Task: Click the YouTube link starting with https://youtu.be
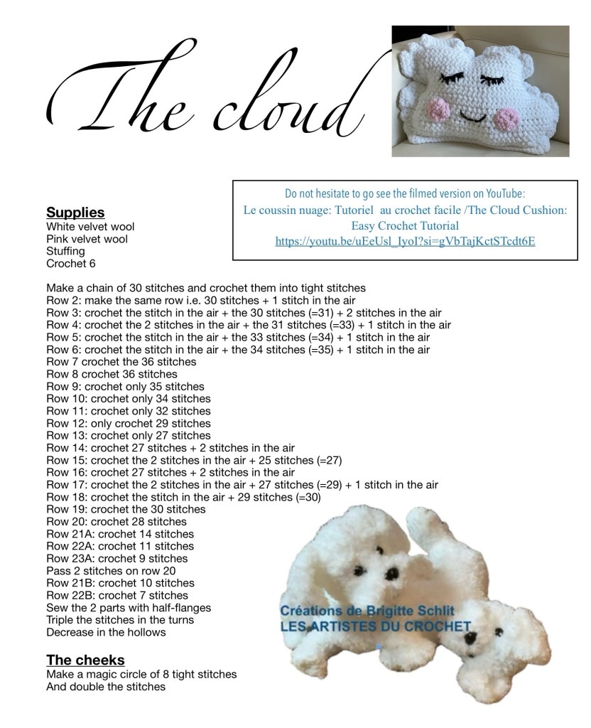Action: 405,242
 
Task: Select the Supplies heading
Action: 75,213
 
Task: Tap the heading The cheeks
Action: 85,659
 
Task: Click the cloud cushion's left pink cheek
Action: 441,108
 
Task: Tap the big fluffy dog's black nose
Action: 390,573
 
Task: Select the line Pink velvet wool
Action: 87,239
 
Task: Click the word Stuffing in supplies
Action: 65,251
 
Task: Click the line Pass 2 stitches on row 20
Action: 111,571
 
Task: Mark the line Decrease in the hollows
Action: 106,632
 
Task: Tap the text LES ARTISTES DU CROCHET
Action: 375,626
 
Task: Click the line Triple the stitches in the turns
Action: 120,620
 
